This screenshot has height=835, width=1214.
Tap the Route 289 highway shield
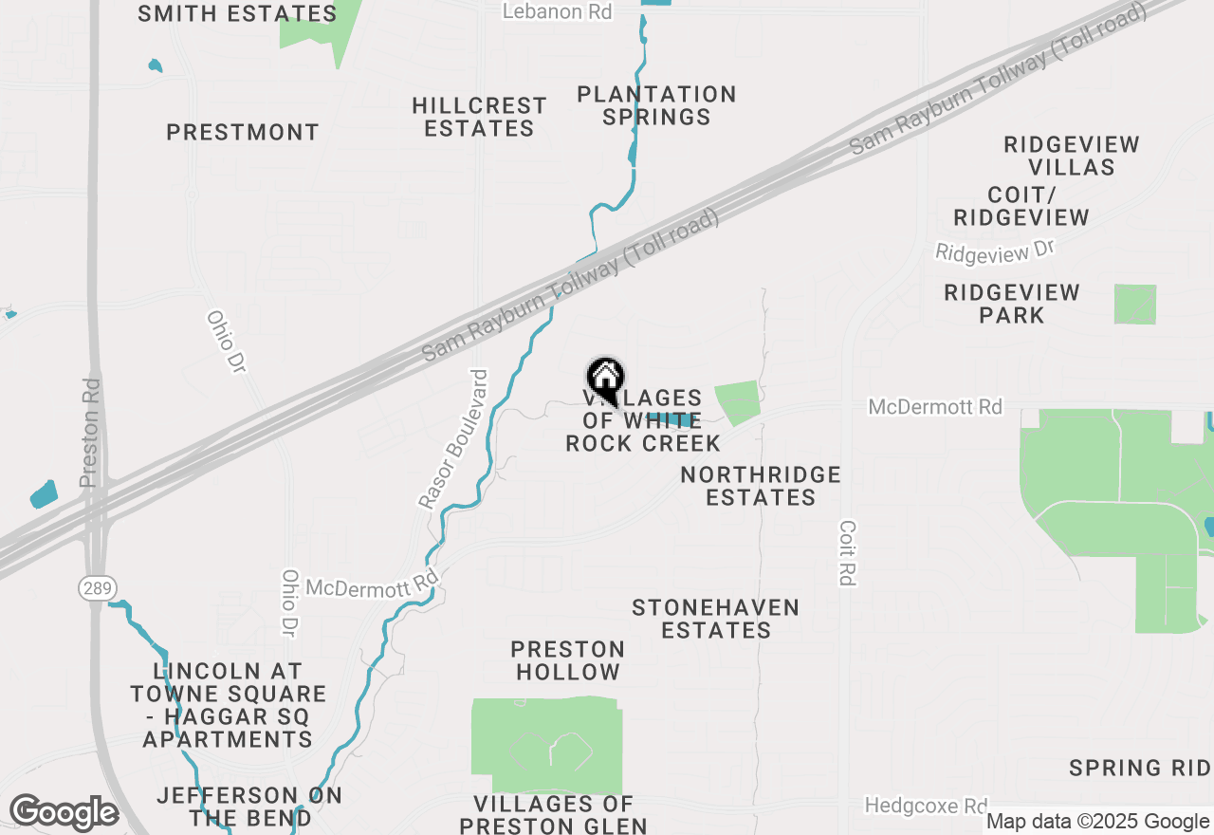tap(95, 589)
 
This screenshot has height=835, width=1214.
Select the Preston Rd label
tap(91, 433)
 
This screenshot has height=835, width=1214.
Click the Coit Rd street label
tap(848, 552)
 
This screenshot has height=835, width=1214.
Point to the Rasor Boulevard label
tap(453, 438)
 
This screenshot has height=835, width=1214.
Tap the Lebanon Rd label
tap(557, 11)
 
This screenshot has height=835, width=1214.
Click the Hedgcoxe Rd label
tap(926, 806)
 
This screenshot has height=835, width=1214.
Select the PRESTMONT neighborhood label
tap(243, 132)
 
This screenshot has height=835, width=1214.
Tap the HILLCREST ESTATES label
tap(480, 117)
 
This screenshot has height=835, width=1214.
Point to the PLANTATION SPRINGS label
tap(656, 105)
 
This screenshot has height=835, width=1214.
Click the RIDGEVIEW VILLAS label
tap(1072, 156)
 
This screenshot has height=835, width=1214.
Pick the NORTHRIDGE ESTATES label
tap(761, 486)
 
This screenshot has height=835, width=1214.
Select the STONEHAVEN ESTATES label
tap(715, 619)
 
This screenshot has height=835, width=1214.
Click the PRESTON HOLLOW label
tap(567, 660)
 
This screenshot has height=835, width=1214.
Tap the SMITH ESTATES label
tap(237, 13)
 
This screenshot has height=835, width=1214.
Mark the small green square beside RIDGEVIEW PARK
tap(1135, 304)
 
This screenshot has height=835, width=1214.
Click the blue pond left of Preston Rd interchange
tap(44, 494)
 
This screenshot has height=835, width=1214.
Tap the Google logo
tap(64, 813)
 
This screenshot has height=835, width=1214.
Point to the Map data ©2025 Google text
tap(1097, 822)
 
